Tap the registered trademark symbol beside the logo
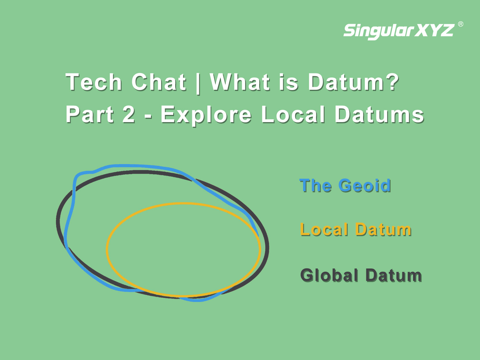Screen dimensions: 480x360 click(461, 24)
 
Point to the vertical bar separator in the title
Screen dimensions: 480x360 click(198, 83)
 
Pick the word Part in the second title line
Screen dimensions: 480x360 click(90, 114)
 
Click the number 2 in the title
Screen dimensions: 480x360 click(128, 114)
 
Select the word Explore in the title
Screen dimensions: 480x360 click(206, 115)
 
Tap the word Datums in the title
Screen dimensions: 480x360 click(379, 114)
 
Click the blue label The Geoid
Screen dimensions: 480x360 click(345, 185)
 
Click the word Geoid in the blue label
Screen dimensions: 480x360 click(365, 185)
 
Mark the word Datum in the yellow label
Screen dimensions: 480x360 click(383, 230)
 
